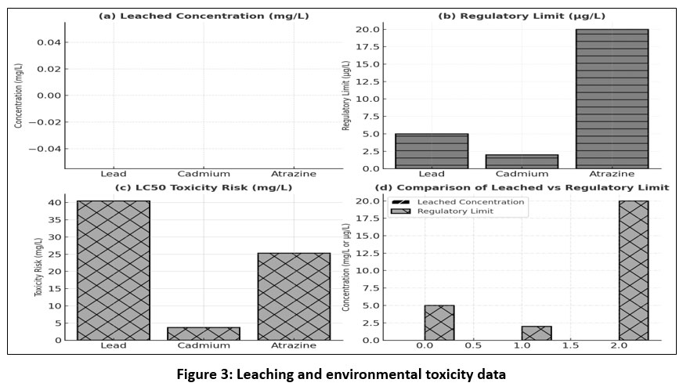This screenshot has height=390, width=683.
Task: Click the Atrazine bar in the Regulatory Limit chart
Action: [x=613, y=98]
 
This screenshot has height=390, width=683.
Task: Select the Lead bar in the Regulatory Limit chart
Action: [x=432, y=150]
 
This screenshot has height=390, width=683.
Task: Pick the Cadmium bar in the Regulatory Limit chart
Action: [x=522, y=161]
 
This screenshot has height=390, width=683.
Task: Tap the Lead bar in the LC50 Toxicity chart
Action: [x=114, y=270]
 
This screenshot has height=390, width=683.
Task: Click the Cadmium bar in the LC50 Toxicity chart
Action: [x=204, y=333]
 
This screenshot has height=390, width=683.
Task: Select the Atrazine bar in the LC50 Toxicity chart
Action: [x=294, y=296]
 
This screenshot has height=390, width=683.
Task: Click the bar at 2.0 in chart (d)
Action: [x=634, y=270]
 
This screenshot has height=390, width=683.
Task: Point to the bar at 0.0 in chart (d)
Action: [x=439, y=322]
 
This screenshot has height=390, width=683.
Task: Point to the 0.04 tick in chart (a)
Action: [x=49, y=42]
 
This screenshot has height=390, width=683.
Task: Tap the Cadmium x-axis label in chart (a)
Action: [x=204, y=174]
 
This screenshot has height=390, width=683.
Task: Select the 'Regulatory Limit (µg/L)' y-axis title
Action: [x=345, y=98]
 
